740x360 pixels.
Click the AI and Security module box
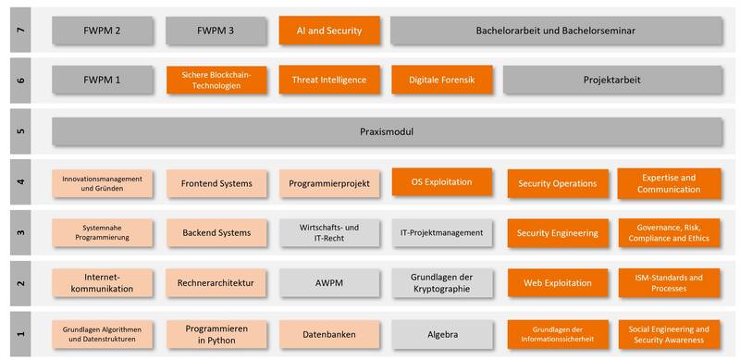click(x=329, y=31)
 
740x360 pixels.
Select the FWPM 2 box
click(x=103, y=31)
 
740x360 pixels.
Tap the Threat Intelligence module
click(x=329, y=80)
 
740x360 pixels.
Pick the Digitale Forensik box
click(x=442, y=80)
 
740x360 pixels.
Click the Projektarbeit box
click(x=612, y=80)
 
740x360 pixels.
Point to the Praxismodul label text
click(x=387, y=131)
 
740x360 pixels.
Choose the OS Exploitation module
click(x=442, y=182)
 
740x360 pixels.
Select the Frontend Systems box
click(x=216, y=183)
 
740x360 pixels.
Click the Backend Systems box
click(x=216, y=233)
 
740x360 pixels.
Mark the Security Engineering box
click(x=558, y=233)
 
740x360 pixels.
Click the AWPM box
click(x=329, y=283)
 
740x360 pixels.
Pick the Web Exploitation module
click(x=558, y=283)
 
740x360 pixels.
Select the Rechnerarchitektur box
click(x=216, y=283)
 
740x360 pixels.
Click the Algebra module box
click(x=442, y=334)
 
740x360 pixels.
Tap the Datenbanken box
click(x=329, y=334)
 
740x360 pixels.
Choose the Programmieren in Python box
click(x=216, y=334)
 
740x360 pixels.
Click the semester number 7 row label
click(x=20, y=31)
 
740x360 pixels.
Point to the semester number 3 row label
click(x=20, y=232)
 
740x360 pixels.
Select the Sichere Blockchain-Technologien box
click(x=216, y=80)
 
